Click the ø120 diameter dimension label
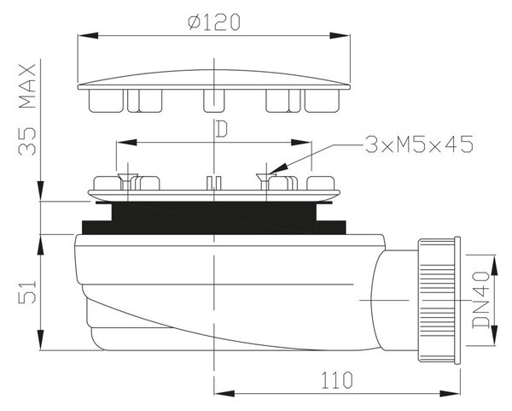coord(214,22)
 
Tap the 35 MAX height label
coord(27,110)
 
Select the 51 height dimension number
coord(27,292)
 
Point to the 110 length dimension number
coord(337,380)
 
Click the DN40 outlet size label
coord(481,300)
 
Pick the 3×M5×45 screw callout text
coord(419,144)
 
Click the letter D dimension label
coord(221,129)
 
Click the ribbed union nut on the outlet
coord(435,300)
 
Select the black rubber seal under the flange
coord(214,218)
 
